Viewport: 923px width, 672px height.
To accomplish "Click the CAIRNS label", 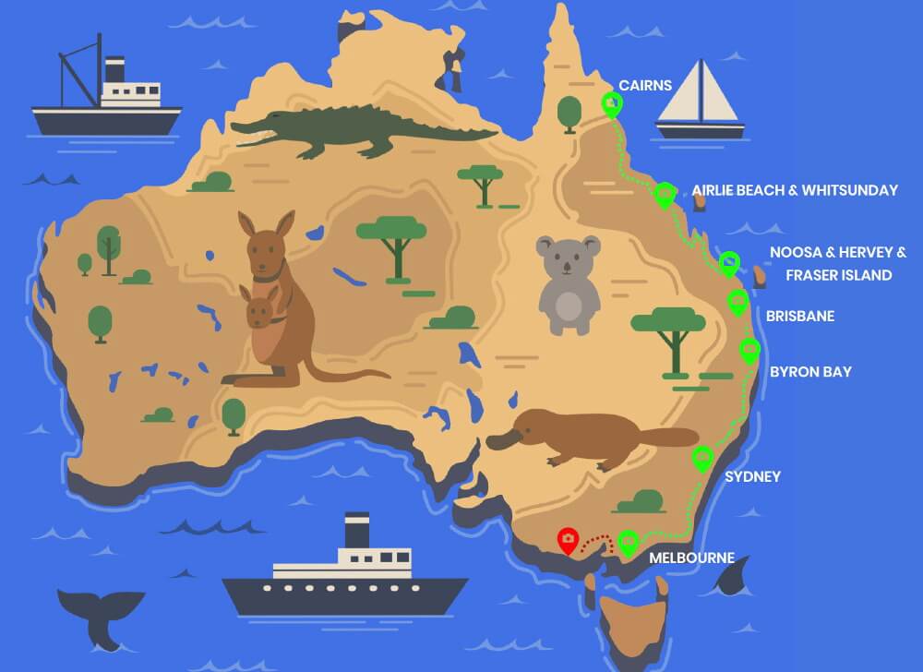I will pyautogui.click(x=644, y=85).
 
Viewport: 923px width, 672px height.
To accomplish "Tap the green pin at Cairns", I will pyautogui.click(x=610, y=104).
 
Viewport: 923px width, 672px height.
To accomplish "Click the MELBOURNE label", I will pyautogui.click(x=691, y=558).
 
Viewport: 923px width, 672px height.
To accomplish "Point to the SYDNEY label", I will pyautogui.click(x=752, y=476).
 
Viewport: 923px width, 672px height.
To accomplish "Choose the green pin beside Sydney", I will pyautogui.click(x=703, y=457).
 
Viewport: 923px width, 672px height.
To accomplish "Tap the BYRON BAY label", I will pyautogui.click(x=810, y=372).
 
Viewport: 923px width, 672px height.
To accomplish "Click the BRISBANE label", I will pyautogui.click(x=799, y=317).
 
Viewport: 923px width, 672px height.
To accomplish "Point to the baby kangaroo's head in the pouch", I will pyautogui.click(x=258, y=308).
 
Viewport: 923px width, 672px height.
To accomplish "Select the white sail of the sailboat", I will pyautogui.click(x=702, y=93).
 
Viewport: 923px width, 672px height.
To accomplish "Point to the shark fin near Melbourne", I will pyautogui.click(x=734, y=579).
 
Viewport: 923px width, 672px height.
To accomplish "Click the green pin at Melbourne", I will pyautogui.click(x=629, y=542).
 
